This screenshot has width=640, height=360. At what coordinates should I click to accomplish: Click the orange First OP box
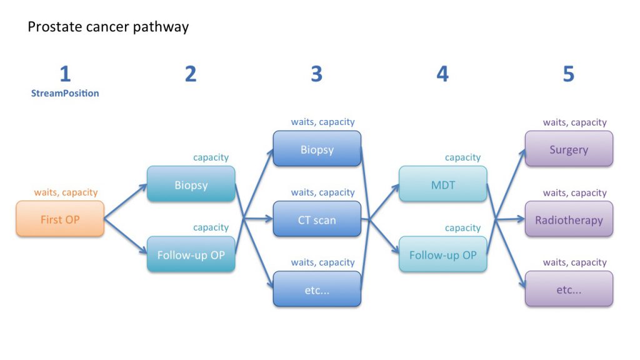pyautogui.click(x=60, y=219)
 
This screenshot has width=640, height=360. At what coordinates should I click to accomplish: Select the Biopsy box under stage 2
pyautogui.click(x=191, y=184)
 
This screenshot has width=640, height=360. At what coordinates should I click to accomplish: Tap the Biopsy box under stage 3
pyautogui.click(x=317, y=149)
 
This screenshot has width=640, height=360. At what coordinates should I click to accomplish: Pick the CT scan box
pyautogui.click(x=317, y=219)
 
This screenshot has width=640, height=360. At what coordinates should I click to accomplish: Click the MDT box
pyautogui.click(x=442, y=184)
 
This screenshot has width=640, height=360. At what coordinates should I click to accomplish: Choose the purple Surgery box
pyautogui.click(x=569, y=149)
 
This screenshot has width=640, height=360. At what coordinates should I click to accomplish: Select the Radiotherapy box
pyautogui.click(x=569, y=219)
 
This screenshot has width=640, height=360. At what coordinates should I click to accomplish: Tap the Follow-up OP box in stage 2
pyautogui.click(x=191, y=254)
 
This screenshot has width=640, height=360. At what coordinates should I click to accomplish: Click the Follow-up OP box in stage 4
pyautogui.click(x=442, y=254)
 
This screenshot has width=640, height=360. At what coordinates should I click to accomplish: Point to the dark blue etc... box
pyautogui.click(x=317, y=289)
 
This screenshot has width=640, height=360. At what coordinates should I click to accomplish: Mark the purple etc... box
pyautogui.click(x=569, y=289)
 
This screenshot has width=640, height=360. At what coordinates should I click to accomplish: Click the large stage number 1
pyautogui.click(x=65, y=74)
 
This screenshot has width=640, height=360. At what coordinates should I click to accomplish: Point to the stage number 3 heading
pyautogui.click(x=316, y=74)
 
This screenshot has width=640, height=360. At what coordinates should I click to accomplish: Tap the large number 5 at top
pyautogui.click(x=568, y=74)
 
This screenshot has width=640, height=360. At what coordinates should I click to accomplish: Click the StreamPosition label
pyautogui.click(x=65, y=94)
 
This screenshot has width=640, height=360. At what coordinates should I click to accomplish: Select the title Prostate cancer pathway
pyautogui.click(x=108, y=27)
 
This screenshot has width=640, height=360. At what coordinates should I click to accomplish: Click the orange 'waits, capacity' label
pyautogui.click(x=66, y=192)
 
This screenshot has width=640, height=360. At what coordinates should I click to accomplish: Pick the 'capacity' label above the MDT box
pyautogui.click(x=462, y=157)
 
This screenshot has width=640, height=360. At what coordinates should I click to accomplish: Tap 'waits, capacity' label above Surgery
pyautogui.click(x=574, y=122)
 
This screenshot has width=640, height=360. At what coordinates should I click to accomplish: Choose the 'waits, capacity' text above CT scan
pyautogui.click(x=322, y=192)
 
